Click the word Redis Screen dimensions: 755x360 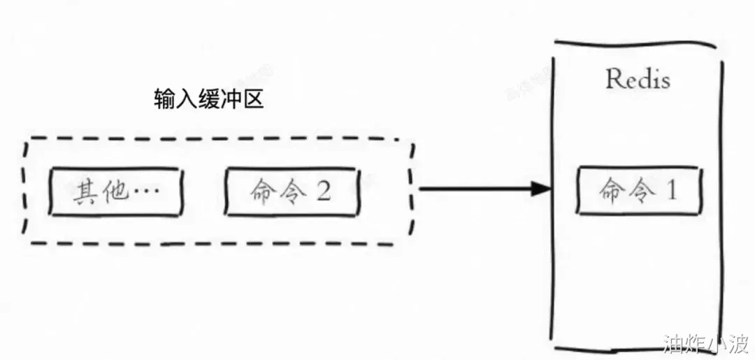[638, 79]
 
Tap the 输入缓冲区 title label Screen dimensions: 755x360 [208, 100]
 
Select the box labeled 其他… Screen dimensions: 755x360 [115, 192]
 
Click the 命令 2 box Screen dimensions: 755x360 [292, 192]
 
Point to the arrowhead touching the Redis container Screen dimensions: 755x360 [541, 189]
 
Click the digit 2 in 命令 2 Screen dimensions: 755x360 [323, 192]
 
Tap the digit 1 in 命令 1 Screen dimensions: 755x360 [671, 191]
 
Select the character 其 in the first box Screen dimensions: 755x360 [85, 192]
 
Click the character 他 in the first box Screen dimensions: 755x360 [117, 192]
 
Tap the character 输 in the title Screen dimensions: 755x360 [165, 100]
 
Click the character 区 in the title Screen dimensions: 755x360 [252, 100]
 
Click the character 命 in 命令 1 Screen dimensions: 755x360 [610, 191]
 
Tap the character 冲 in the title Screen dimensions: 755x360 [231, 100]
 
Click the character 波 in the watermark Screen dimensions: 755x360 [738, 343]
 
